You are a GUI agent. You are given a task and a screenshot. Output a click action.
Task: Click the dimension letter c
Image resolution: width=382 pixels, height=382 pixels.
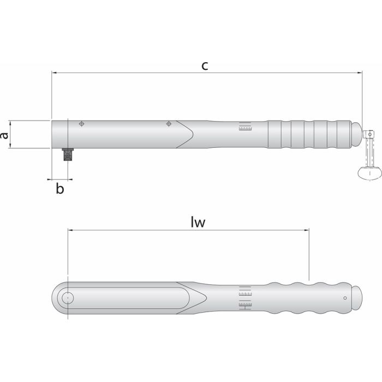(x=204, y=66)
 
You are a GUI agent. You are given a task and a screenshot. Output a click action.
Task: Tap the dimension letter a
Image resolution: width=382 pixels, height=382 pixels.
(x=5, y=134)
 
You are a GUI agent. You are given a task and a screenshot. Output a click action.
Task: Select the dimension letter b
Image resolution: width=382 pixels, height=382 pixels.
(x=60, y=189)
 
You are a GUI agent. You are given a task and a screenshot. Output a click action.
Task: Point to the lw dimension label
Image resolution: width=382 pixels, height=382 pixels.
(x=201, y=222)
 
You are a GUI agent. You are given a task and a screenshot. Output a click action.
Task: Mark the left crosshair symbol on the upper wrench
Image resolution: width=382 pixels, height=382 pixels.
(x=81, y=124)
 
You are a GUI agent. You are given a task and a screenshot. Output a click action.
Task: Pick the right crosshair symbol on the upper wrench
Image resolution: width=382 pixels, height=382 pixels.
(x=169, y=124)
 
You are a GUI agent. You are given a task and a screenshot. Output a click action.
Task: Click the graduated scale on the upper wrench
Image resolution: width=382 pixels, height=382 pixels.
(x=245, y=128)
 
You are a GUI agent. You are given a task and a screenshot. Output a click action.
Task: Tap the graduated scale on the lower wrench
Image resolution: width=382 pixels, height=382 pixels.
(x=245, y=298)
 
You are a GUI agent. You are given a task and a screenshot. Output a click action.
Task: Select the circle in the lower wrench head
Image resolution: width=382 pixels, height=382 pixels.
(x=68, y=298)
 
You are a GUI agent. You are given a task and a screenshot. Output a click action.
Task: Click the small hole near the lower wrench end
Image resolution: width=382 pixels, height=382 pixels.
(x=345, y=298)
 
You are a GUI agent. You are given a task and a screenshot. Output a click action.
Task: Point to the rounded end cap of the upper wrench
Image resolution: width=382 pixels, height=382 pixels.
(x=356, y=134)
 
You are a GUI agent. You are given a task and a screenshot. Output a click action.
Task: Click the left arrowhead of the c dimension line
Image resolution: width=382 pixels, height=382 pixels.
(x=54, y=72)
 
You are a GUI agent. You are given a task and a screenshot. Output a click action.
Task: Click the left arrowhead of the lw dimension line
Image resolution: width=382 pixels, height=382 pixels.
(x=70, y=230)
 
